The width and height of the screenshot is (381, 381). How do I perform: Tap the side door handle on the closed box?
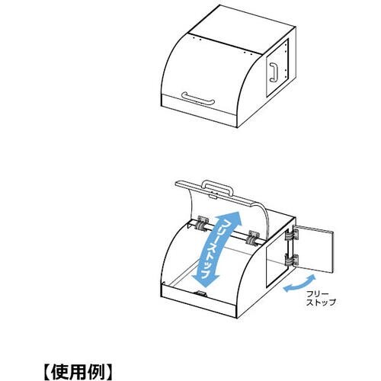click(x=274, y=72)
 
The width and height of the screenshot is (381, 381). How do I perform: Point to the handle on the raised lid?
click(x=217, y=187)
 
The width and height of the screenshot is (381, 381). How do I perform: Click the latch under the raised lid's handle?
click(x=213, y=197)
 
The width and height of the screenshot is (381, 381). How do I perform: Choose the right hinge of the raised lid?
click(x=253, y=238)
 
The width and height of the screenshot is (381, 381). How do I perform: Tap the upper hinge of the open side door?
click(x=292, y=235)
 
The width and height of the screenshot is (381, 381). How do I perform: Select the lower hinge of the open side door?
click(x=292, y=260)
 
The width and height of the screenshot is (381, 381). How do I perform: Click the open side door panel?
click(x=315, y=248)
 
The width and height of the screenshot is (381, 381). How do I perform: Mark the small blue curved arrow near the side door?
click(x=299, y=283)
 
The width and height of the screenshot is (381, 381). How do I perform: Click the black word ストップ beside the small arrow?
click(x=321, y=303)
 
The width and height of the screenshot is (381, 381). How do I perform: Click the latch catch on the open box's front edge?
click(x=200, y=294)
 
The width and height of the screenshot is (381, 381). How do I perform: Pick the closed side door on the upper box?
click(x=277, y=68)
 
